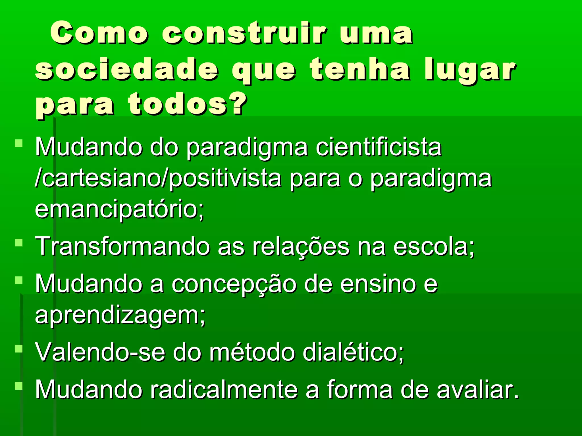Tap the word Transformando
pos(122,246)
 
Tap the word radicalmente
pos(223,389)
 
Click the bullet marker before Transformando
pos(19,243)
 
